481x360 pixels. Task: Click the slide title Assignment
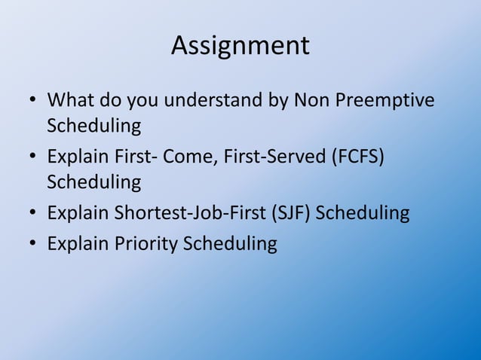point(240,46)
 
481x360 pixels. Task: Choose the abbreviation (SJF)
point(289,213)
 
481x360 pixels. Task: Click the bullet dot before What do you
point(32,100)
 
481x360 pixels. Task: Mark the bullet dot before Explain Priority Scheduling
point(32,245)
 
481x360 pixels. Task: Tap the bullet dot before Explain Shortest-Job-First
point(32,214)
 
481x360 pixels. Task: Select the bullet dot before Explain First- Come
point(32,157)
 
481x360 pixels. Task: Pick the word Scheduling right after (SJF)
point(363,213)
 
